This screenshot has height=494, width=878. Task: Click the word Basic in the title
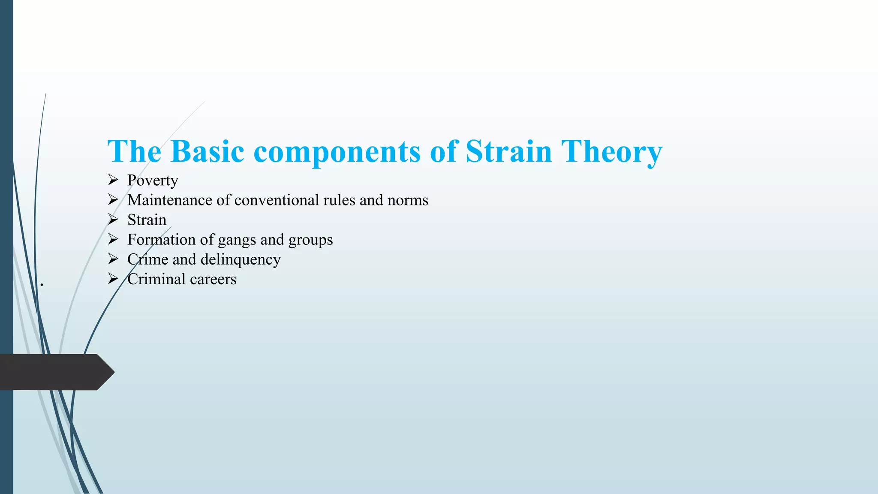[207, 151]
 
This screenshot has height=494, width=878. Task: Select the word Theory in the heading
[612, 151]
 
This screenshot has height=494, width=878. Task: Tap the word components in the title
[337, 151]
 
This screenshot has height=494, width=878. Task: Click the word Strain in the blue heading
[508, 151]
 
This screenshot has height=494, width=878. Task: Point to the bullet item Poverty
[153, 181]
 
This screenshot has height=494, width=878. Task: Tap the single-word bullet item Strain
[147, 220]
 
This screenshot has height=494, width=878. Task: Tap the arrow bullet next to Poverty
[113, 180]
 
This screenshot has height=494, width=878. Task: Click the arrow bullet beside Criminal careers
[113, 279]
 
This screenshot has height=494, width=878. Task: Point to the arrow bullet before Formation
[113, 239]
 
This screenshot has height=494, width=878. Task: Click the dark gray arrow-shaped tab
[56, 372]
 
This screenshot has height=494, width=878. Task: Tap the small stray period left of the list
[42, 284]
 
